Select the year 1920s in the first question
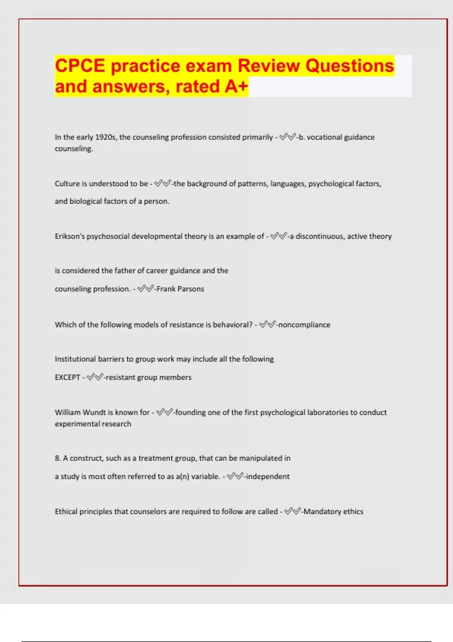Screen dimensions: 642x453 point(105,137)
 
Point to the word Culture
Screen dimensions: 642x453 point(67,184)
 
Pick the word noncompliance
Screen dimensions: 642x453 point(304,325)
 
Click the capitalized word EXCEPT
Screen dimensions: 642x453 point(67,377)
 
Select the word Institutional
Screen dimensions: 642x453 point(75,359)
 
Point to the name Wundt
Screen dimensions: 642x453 point(94,412)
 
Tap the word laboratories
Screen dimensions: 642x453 point(328,412)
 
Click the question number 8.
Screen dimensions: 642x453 point(58,458)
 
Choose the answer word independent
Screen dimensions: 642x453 point(268,477)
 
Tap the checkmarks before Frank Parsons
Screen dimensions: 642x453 point(145,289)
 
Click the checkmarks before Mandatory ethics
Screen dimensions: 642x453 point(293,512)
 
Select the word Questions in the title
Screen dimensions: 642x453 point(350,66)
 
